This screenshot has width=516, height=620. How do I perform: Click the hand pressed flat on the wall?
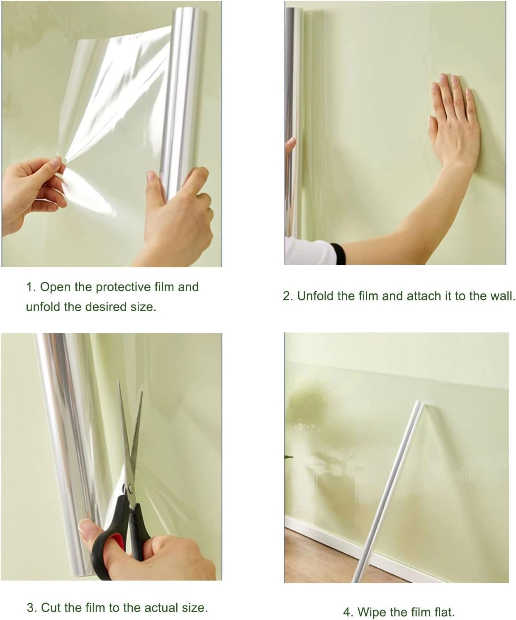(454, 120)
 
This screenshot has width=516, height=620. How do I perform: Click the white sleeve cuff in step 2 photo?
(309, 251)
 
